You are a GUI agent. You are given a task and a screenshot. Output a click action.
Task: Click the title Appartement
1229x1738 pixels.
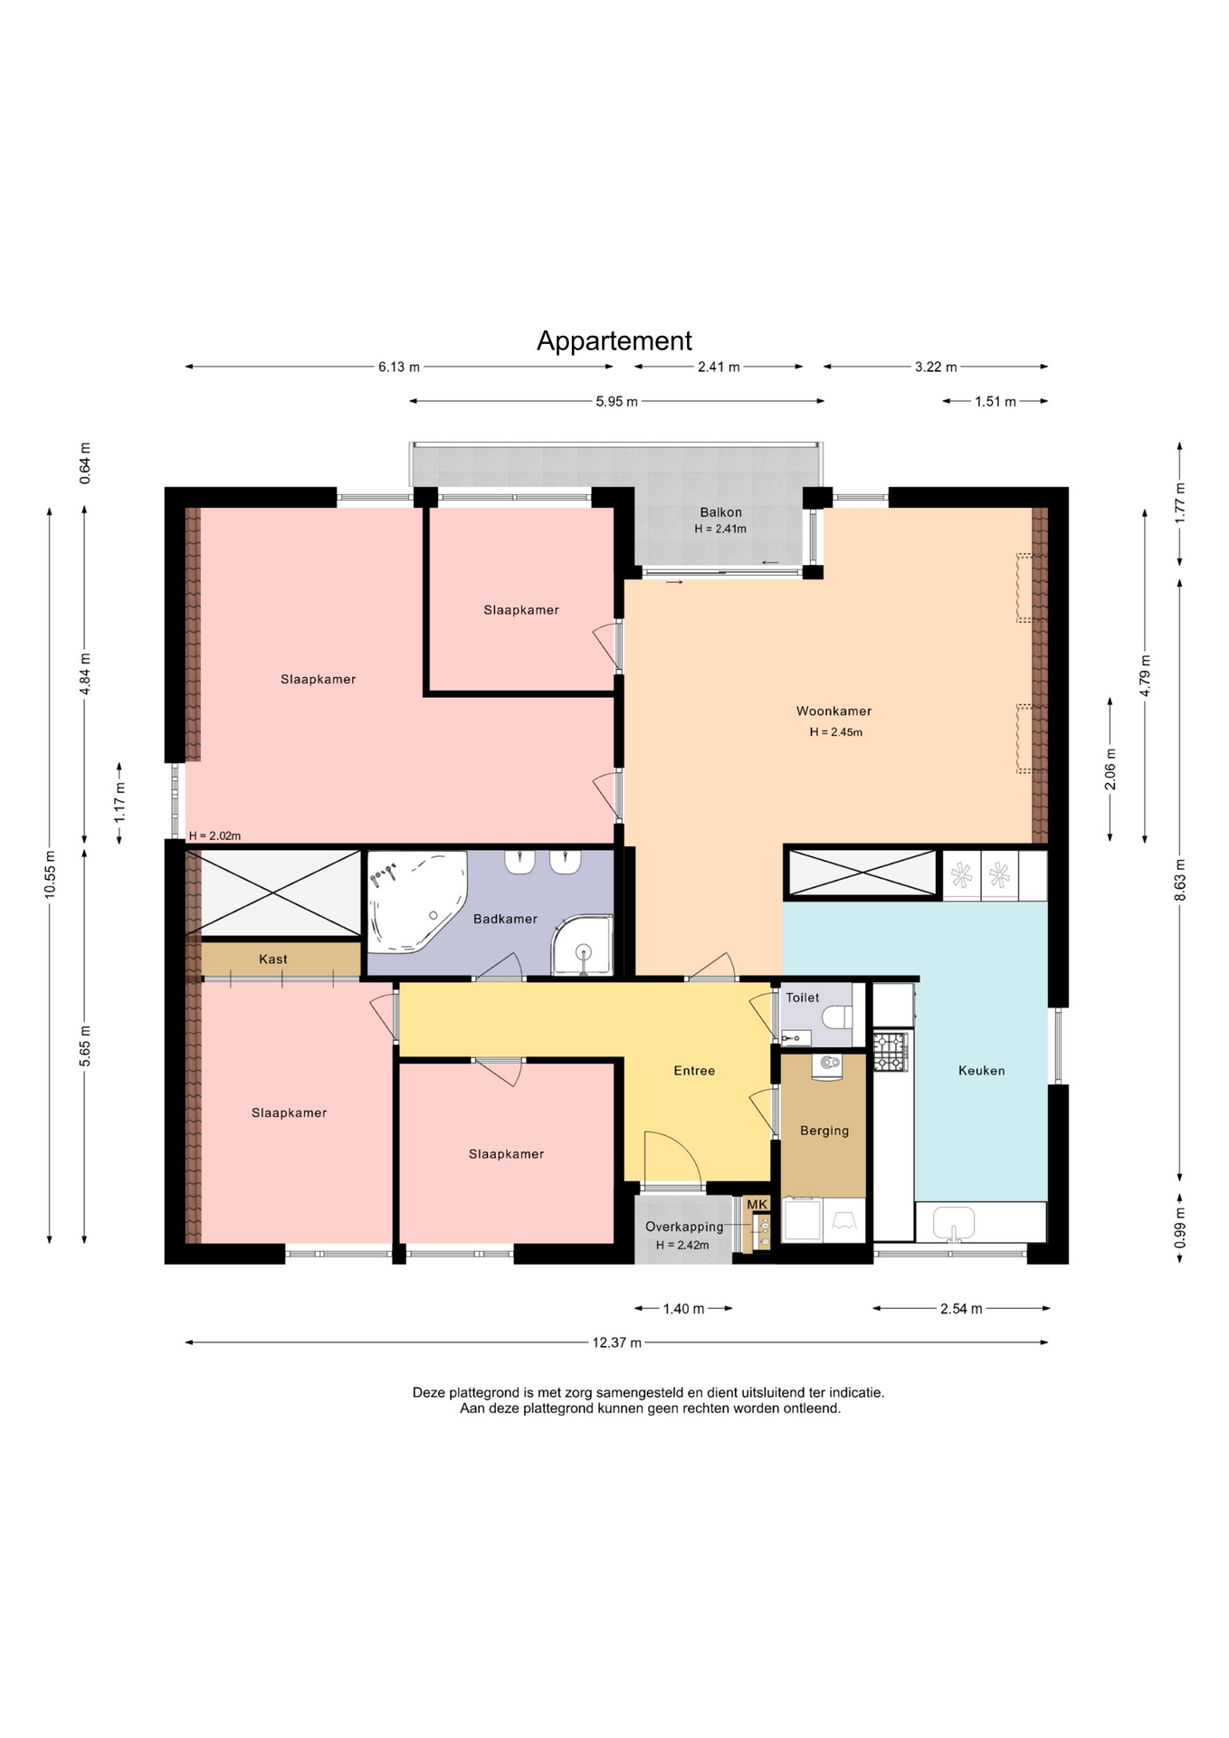pos(614,341)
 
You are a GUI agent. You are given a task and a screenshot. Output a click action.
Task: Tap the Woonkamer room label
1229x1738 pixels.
pos(834,711)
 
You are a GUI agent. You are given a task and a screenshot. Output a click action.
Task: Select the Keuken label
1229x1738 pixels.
pos(982,1071)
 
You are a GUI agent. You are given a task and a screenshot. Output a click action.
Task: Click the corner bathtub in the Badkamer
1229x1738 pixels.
pos(416,902)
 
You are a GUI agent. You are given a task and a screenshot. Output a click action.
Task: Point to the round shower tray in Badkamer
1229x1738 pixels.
pos(583,946)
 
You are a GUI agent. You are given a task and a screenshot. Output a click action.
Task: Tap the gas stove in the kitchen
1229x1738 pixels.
pos(891,1052)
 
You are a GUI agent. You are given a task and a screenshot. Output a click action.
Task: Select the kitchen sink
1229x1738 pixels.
pos(953,1223)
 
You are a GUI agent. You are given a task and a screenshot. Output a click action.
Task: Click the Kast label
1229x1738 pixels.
pos(273,960)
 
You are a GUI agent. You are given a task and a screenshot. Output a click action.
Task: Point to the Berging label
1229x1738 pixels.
pos(824,1131)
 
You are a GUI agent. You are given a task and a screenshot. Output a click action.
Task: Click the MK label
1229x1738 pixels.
pos(757,1204)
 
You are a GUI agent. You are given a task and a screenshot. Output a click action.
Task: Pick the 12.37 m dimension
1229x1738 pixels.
pos(617,1342)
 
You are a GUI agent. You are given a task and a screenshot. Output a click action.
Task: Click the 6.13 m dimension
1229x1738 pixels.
pos(399,367)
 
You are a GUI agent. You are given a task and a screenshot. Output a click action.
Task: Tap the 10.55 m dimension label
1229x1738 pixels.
pos(50,874)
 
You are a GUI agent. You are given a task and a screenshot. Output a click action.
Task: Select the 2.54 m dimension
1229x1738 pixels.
pos(961,1309)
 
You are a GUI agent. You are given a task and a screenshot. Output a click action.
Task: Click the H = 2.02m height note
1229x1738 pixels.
pos(214,836)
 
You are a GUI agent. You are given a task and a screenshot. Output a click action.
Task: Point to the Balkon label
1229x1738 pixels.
pos(720,512)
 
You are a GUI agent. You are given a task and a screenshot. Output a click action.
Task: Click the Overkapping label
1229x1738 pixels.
pos(684,1227)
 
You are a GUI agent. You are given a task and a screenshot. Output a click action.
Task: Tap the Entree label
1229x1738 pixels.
pos(694,1071)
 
